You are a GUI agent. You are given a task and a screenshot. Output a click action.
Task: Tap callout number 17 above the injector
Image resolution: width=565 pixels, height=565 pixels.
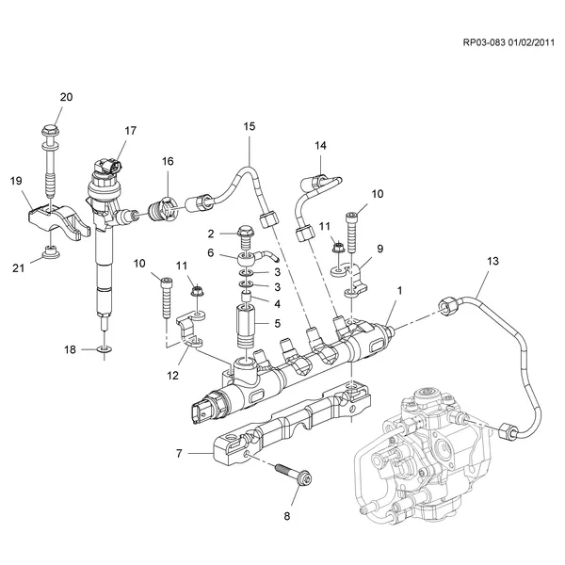[x=130, y=131]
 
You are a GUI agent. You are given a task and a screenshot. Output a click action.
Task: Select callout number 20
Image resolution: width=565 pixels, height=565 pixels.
[x=66, y=97]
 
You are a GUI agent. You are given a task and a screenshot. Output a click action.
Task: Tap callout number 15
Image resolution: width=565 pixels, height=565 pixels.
[x=250, y=125]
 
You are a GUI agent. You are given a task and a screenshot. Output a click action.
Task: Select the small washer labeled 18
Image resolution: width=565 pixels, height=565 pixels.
[x=104, y=350]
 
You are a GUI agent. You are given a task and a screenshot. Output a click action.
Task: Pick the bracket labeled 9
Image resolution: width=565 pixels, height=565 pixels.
[x=358, y=278]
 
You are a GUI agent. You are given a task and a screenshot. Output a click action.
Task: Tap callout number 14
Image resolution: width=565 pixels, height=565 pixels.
[x=320, y=146]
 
